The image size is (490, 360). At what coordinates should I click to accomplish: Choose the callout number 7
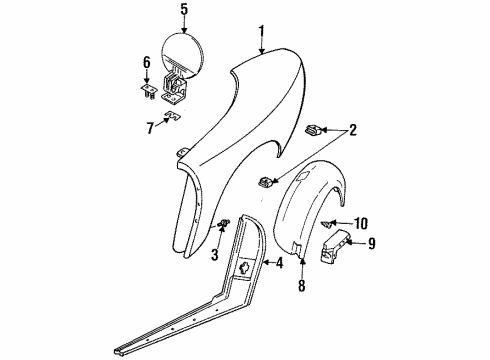click(151, 128)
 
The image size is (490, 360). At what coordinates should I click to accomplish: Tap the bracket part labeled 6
click(147, 91)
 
